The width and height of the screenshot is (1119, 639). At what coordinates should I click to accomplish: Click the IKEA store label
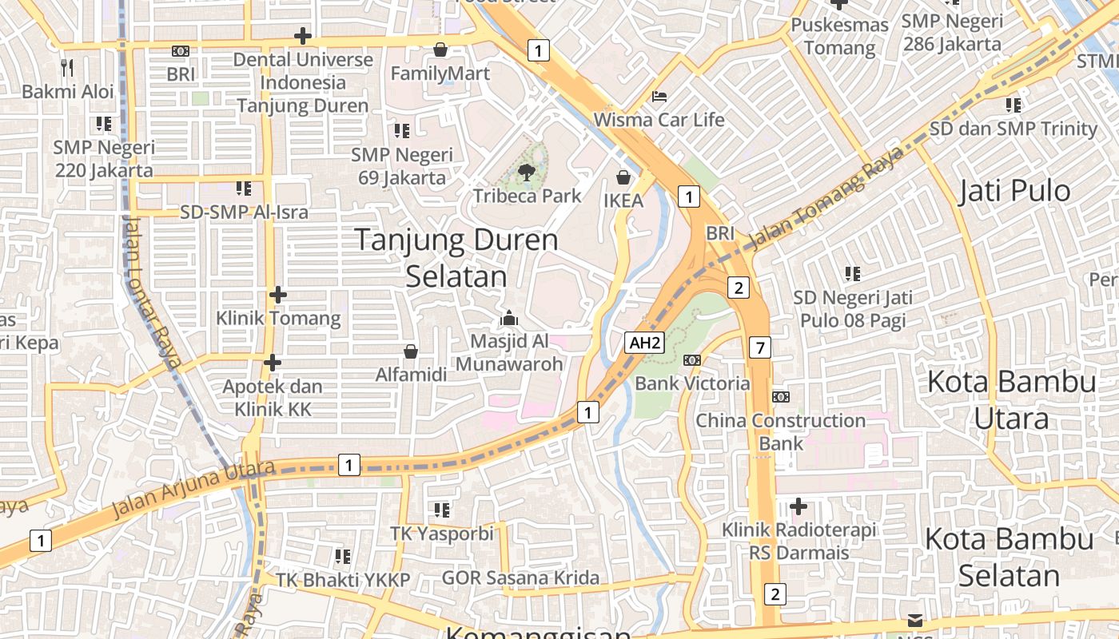point(623,200)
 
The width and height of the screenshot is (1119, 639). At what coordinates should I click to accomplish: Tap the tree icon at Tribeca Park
point(527,172)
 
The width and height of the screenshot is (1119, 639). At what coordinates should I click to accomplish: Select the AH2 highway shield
point(645,343)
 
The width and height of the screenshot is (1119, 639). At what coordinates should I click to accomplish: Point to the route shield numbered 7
point(760,347)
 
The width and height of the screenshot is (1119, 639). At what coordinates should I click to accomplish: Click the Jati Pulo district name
point(1014,191)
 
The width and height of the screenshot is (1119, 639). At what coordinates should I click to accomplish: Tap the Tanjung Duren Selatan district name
point(456,257)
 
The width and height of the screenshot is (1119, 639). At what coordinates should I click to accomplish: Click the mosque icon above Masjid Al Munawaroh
point(509,319)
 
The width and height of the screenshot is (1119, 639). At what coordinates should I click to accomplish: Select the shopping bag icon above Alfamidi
point(411,351)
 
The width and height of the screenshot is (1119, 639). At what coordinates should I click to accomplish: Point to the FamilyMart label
point(440,73)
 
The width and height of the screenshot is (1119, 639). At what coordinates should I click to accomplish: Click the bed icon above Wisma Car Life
point(659,97)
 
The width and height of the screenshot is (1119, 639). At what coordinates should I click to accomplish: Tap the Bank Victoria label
point(692,383)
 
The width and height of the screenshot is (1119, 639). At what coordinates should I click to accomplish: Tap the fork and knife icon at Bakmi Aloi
point(68,68)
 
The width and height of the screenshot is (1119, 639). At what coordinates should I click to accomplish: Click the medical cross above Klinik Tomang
point(277,295)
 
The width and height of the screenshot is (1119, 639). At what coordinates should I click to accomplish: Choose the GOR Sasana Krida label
point(520,577)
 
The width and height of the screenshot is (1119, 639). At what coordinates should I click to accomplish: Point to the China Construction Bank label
point(780,431)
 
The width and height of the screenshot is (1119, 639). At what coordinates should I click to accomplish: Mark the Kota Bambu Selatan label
point(1009,557)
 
